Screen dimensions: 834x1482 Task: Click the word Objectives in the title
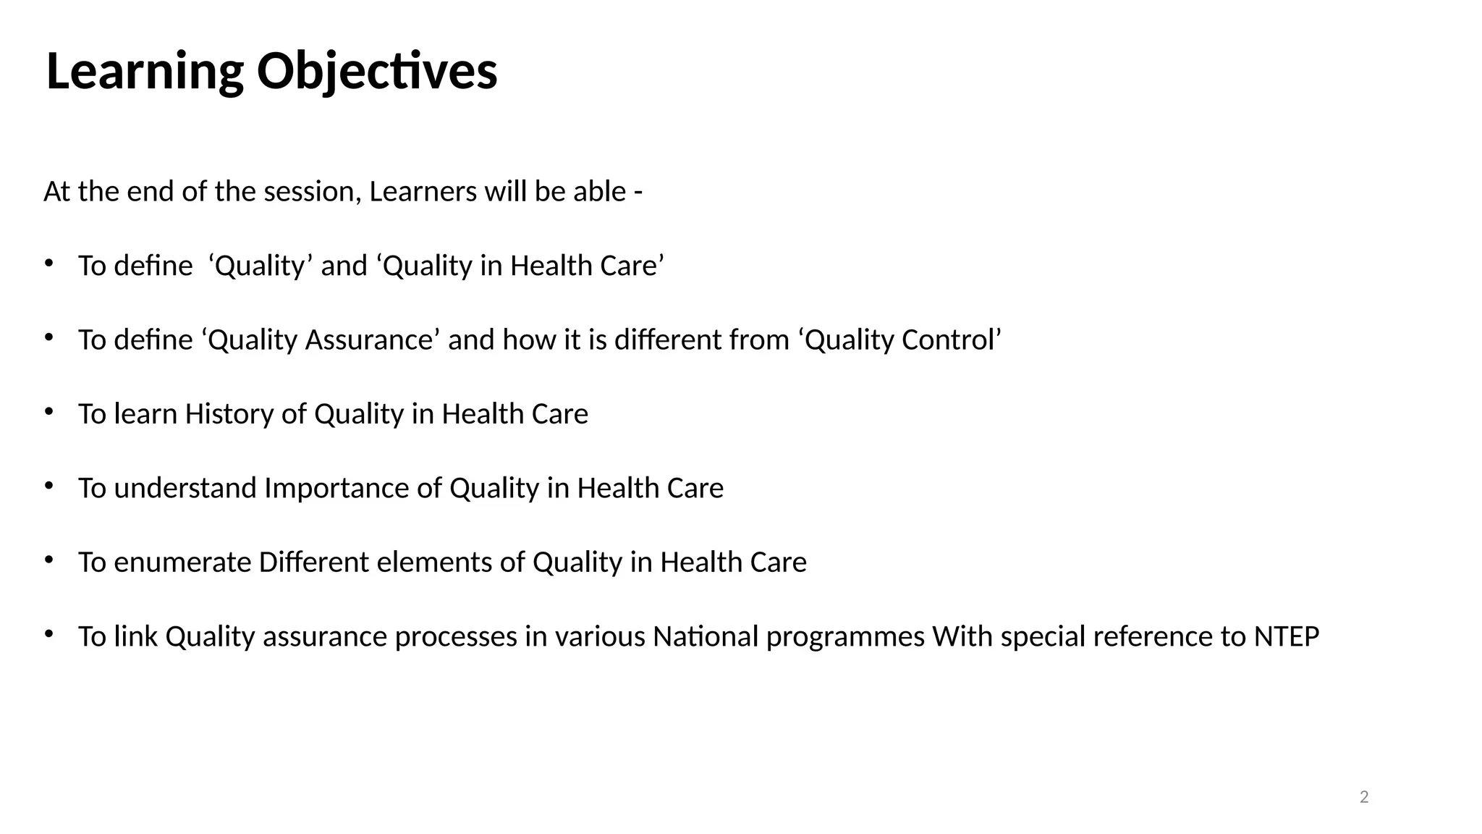tap(377, 72)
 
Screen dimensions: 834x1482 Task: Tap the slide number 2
tap(1364, 797)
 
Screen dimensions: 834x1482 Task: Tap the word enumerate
tap(182, 563)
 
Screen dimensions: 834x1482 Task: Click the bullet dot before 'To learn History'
tap(48, 411)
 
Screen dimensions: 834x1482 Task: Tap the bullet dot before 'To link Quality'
tap(48, 633)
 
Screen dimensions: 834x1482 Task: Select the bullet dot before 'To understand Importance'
tap(48, 485)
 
